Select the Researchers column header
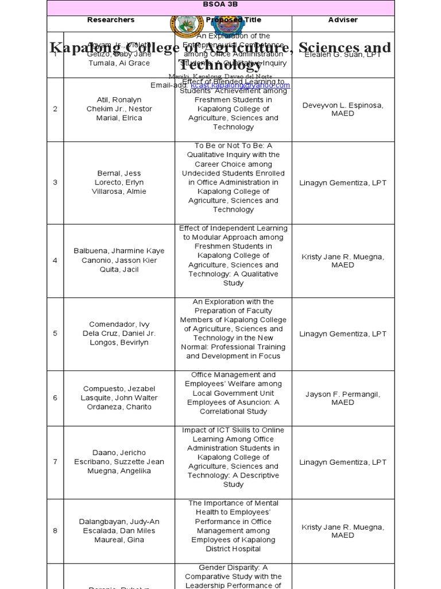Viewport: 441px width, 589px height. point(111,20)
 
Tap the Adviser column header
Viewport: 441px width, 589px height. point(343,20)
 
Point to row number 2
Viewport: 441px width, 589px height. point(55,109)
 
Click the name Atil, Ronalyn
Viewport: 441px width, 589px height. point(111,100)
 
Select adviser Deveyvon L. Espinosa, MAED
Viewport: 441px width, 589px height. point(343,109)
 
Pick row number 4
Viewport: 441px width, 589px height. point(55,261)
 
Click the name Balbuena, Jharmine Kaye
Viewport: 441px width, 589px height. point(119,251)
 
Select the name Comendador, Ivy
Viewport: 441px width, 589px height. point(119,324)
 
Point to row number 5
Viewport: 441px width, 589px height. point(55,334)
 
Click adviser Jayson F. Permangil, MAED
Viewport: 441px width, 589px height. point(343,398)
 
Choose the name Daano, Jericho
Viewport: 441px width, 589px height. point(119,453)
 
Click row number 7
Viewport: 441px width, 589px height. point(55,462)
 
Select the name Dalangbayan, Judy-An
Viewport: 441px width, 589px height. point(119,522)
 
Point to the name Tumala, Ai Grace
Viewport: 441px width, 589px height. point(119,63)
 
